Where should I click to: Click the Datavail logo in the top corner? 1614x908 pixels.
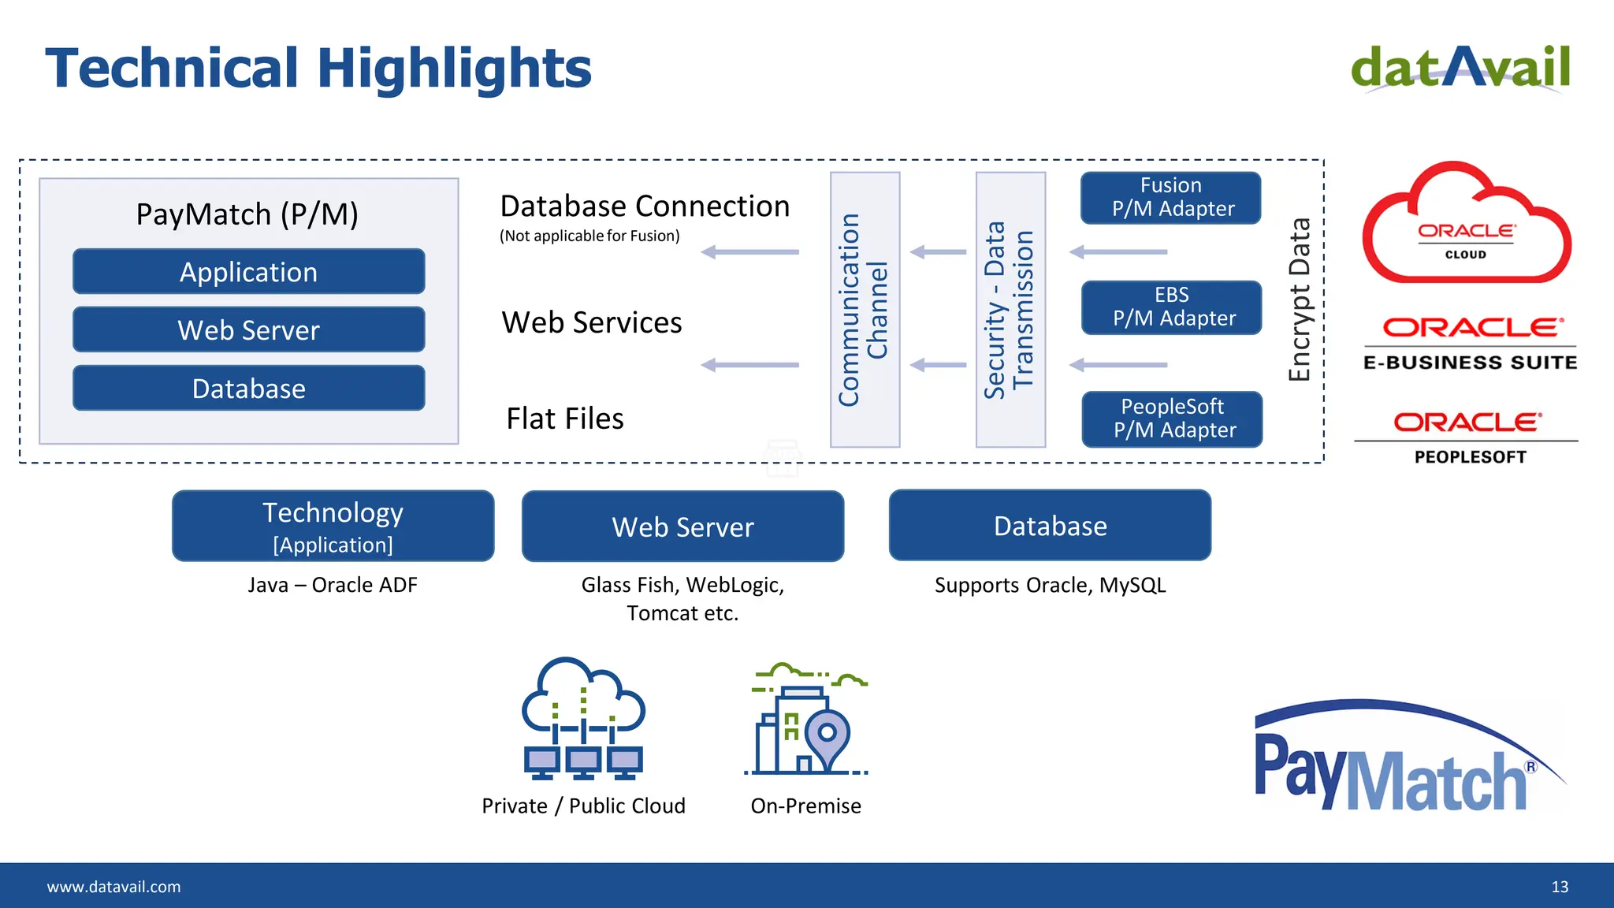pyautogui.click(x=1460, y=69)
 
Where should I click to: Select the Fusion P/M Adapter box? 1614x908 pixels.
pyautogui.click(x=1171, y=198)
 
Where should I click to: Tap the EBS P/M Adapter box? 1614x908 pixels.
pyautogui.click(x=1172, y=307)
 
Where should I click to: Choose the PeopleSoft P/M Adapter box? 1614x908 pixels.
pyautogui.click(x=1173, y=419)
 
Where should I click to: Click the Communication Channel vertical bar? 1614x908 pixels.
pyautogui.click(x=865, y=310)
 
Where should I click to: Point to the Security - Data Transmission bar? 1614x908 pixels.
pyautogui.click(x=1010, y=310)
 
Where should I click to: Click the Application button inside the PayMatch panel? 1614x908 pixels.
pyautogui.click(x=249, y=272)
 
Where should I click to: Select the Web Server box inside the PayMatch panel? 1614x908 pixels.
pyautogui.click(x=249, y=329)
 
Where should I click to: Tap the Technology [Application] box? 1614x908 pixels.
pyautogui.click(x=333, y=526)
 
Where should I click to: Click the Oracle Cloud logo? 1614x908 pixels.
pyautogui.click(x=1466, y=225)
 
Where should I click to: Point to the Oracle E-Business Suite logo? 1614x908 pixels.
pyautogui.click(x=1471, y=344)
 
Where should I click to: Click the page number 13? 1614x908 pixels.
pyautogui.click(x=1560, y=887)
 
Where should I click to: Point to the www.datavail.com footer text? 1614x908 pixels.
pyautogui.click(x=113, y=887)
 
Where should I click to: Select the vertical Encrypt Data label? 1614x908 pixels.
pyautogui.click(x=1300, y=300)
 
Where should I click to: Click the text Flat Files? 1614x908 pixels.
pyautogui.click(x=565, y=419)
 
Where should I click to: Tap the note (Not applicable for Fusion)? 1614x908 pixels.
pyautogui.click(x=589, y=236)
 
